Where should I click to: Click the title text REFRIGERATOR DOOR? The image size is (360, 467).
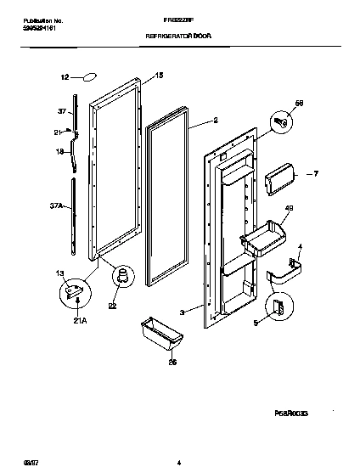point(179,37)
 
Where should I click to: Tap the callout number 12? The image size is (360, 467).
point(64,77)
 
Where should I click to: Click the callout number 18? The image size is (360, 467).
point(60,152)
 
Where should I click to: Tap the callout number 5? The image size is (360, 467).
point(256,323)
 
